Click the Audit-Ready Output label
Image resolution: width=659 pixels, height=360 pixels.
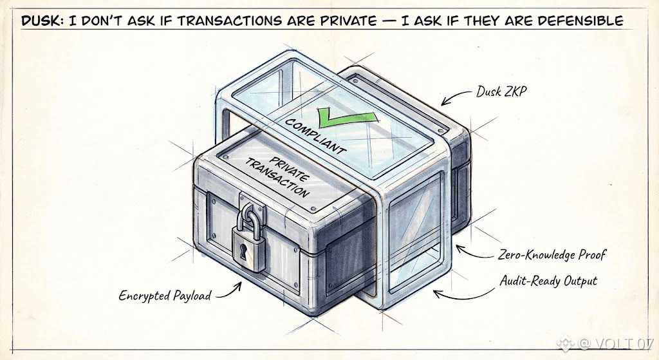pos(548,281)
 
